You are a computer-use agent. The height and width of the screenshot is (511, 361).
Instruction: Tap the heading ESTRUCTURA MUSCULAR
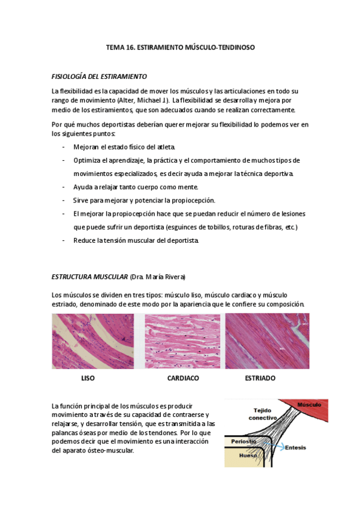tap(90, 277)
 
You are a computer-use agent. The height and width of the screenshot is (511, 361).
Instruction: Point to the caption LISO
tap(88, 378)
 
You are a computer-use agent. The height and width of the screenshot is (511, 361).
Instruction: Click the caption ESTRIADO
tap(260, 378)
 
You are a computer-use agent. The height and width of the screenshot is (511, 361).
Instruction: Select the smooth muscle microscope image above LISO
tap(93, 341)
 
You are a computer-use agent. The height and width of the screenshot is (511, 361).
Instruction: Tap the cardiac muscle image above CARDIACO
tap(182, 341)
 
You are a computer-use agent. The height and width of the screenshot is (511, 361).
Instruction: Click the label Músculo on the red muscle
tap(309, 406)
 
